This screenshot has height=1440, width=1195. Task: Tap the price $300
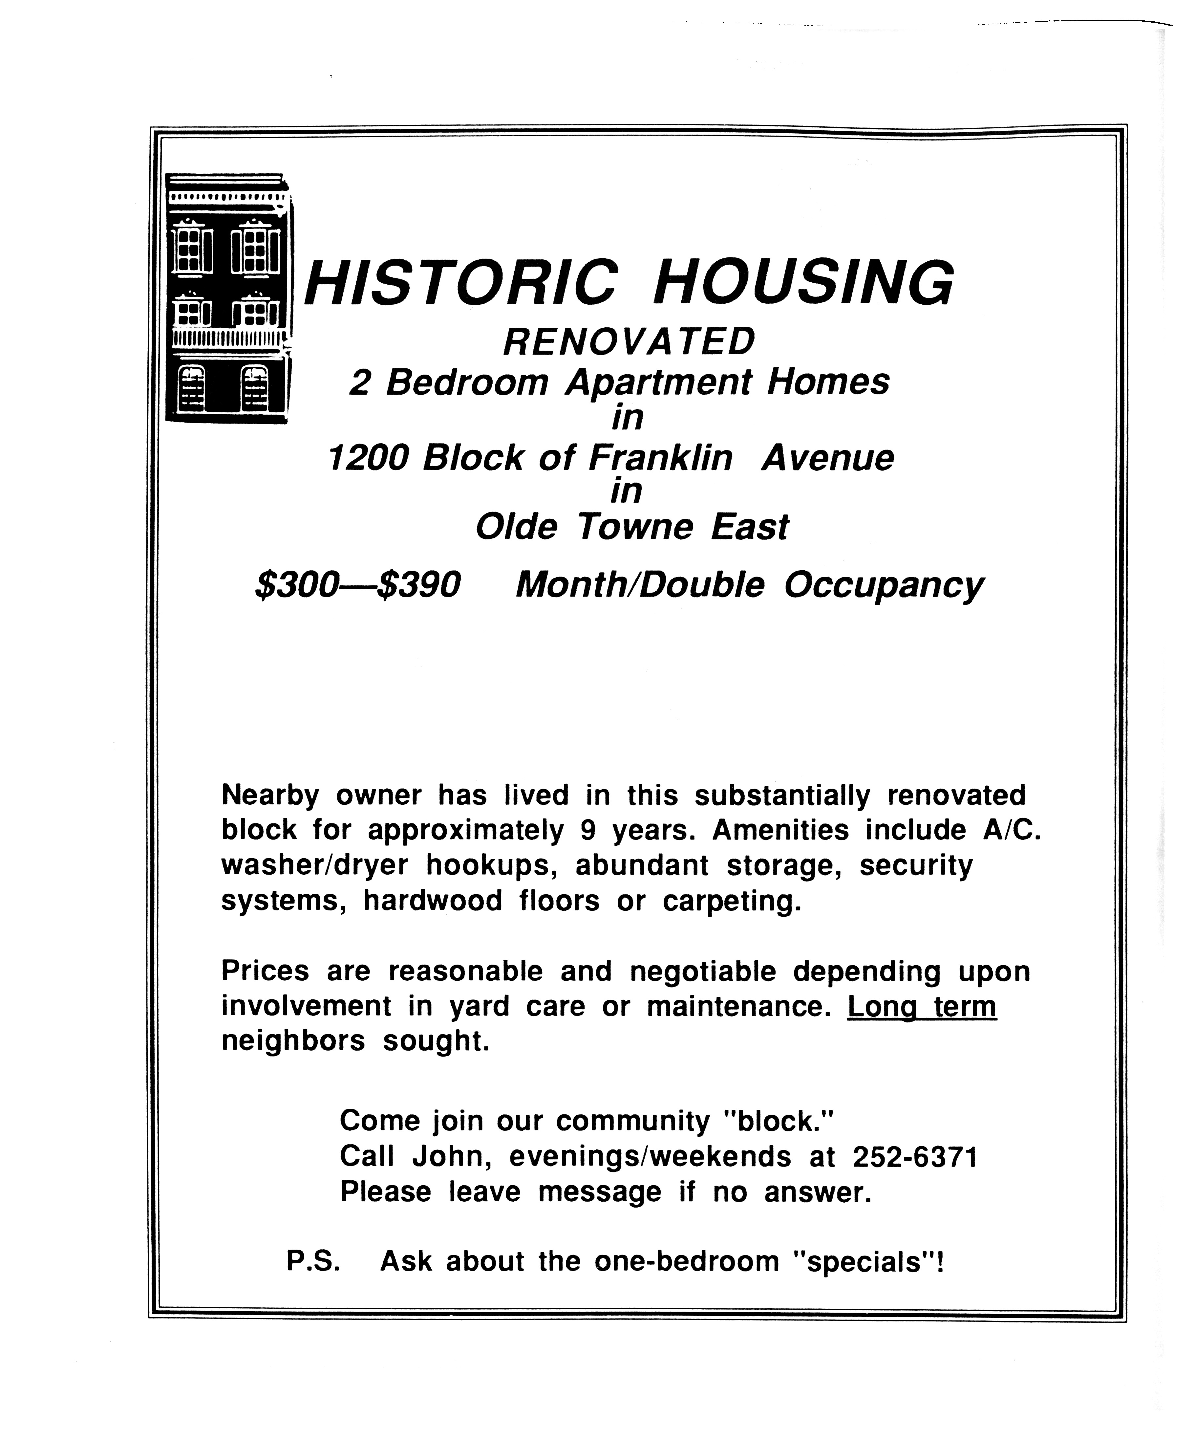296,585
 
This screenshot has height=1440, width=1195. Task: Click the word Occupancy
883,586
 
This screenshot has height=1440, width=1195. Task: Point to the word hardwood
433,900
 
